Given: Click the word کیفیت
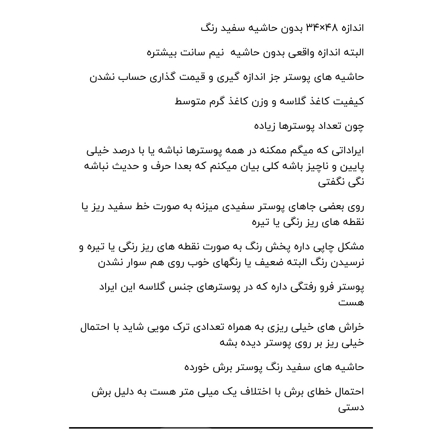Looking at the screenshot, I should pyautogui.click(x=348, y=101).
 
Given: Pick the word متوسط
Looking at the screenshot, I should pyautogui.click(x=188, y=101).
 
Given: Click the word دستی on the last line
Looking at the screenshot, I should pyautogui.click(x=351, y=407).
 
